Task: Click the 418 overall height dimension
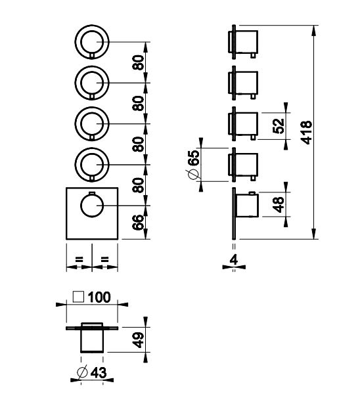307,133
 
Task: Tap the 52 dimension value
278,126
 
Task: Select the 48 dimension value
278,204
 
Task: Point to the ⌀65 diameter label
193,165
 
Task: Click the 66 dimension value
138,223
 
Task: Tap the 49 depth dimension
138,340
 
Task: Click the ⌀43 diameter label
91,372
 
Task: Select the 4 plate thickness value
234,260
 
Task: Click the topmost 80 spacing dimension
138,62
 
